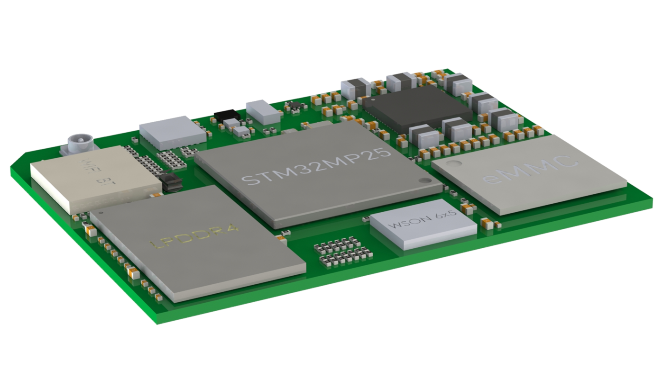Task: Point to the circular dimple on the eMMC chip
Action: tap(456, 163)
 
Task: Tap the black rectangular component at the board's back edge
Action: tap(226, 115)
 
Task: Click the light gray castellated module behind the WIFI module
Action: tap(172, 132)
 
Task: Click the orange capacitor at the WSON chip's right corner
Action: tap(488, 223)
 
